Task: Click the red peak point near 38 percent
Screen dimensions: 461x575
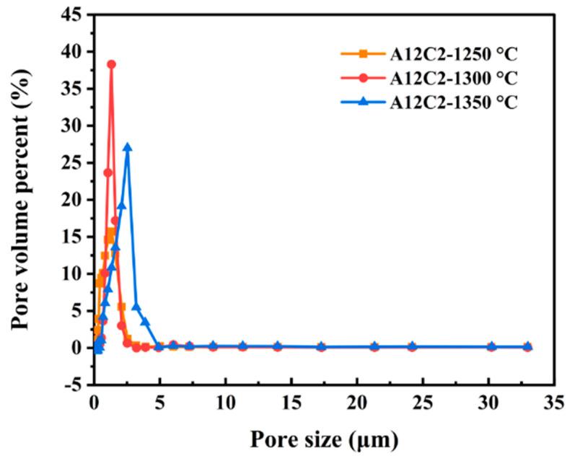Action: point(111,64)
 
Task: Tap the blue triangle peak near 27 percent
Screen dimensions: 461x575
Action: point(128,147)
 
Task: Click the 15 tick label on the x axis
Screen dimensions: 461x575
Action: point(291,402)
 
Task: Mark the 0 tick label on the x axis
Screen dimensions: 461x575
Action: point(94,402)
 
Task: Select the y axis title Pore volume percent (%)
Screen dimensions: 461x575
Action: point(23,199)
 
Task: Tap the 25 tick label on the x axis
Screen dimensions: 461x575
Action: point(423,402)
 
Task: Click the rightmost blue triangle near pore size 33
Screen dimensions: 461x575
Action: point(527,346)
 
